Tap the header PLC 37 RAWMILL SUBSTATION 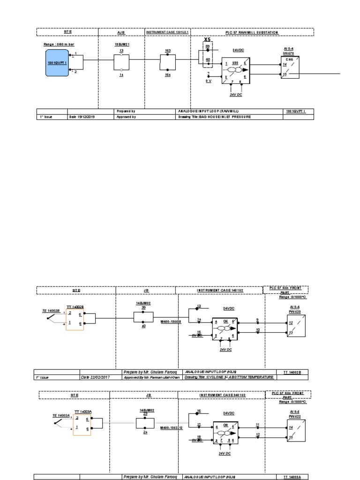pyautogui.click(x=252, y=32)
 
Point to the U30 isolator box pyautogui.click(x=235, y=69)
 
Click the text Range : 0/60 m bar pyautogui.click(x=59, y=44)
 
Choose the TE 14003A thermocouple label pyautogui.click(x=61, y=415)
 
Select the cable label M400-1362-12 pyautogui.click(x=172, y=427)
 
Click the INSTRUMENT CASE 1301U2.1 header pyautogui.click(x=167, y=32)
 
